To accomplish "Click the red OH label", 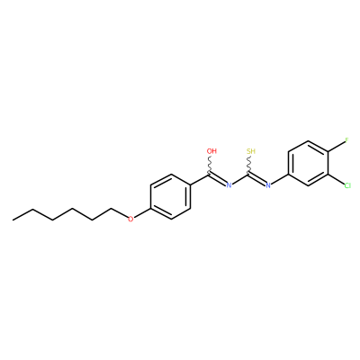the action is coord(211,151).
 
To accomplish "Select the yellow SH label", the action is coord(251,151).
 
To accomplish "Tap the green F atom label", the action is coord(346,140).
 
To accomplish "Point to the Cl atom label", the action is coord(347,185).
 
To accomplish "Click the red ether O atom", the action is coord(130,220).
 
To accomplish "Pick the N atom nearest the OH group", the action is coord(229,185).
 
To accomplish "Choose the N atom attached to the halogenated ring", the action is coord(268,185).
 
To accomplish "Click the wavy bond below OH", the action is coord(210,165).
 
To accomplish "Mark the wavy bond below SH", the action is coord(249,165).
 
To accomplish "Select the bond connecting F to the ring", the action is coord(337,148).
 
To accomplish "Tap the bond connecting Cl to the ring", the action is coord(336,179).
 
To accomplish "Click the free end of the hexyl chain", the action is coord(13,220).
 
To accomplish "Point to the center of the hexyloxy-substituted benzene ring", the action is coord(171,196).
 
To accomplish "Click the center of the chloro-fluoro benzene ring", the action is coord(308,163).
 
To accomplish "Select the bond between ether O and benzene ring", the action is coord(142,213).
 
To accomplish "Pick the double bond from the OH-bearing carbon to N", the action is coord(218,179).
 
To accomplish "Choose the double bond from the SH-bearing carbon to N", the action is coord(257,179).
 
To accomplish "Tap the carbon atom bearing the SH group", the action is coord(249,174).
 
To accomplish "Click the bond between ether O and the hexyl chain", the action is coord(119,213).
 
